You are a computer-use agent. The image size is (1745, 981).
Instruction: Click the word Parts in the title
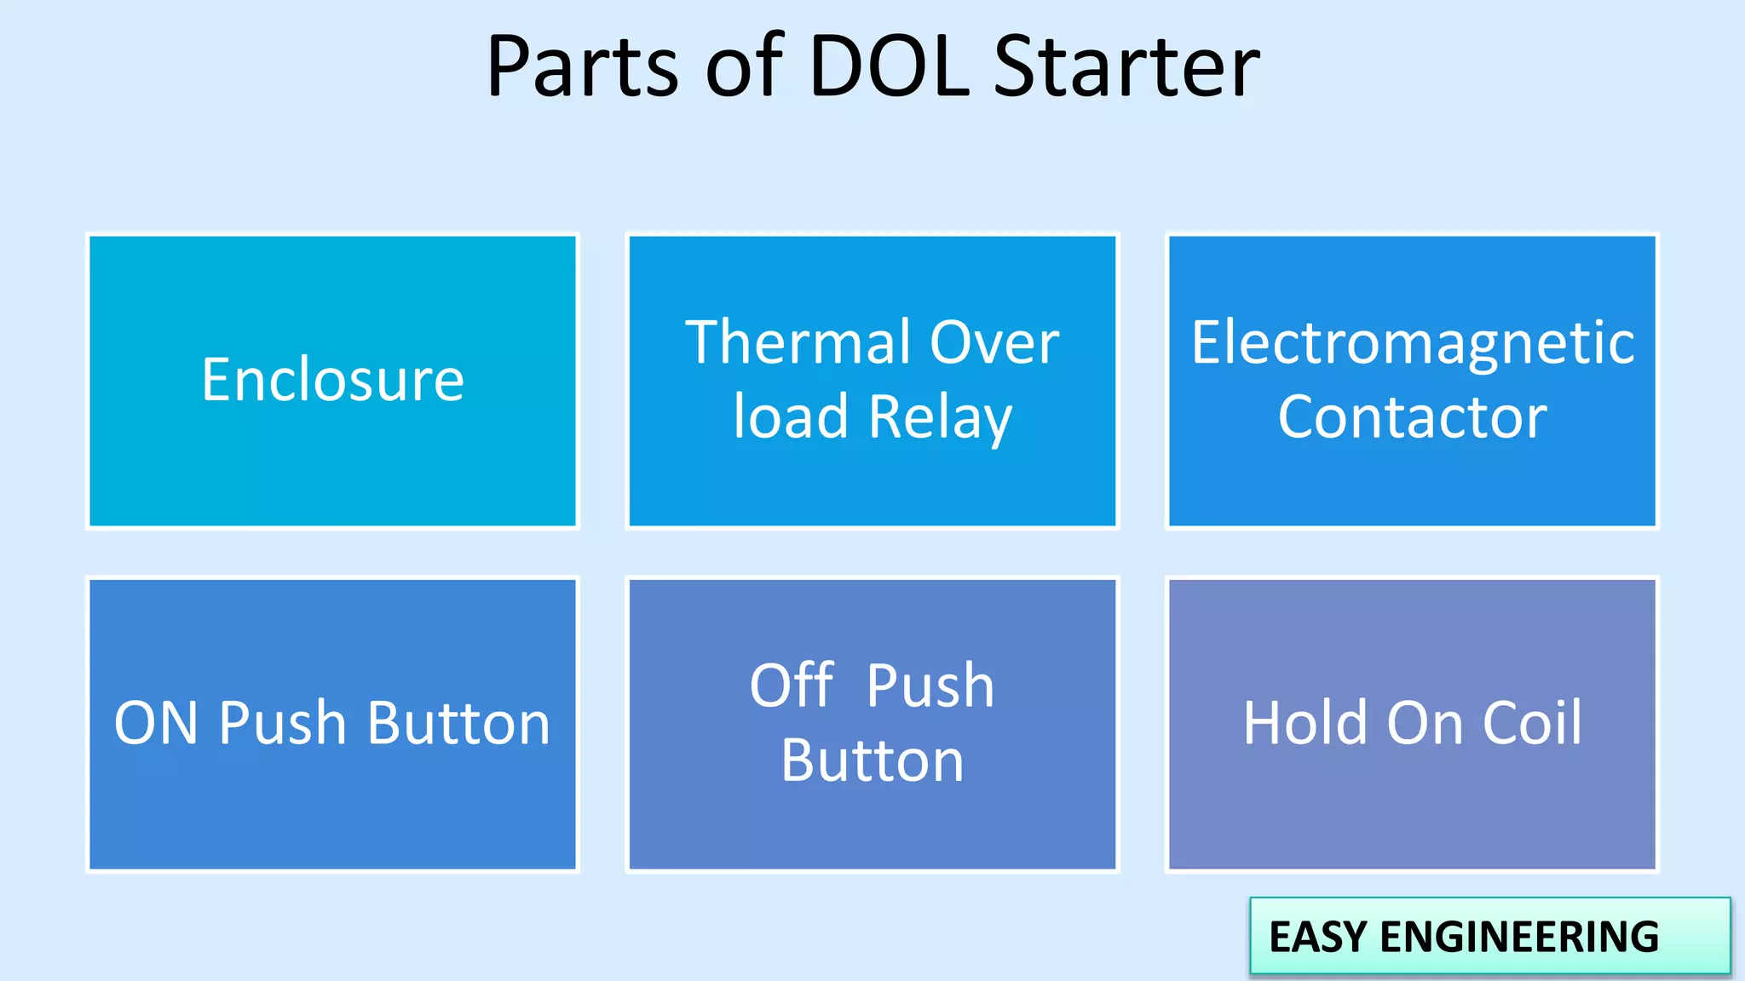(x=582, y=66)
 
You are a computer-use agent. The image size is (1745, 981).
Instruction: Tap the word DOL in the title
(x=889, y=66)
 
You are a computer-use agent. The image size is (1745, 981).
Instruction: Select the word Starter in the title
(x=1126, y=66)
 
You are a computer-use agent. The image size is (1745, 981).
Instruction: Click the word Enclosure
(x=333, y=380)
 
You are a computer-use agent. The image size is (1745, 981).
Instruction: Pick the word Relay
(x=941, y=417)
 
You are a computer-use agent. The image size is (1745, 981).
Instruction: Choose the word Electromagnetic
(x=1413, y=343)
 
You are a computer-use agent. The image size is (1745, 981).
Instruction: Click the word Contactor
(x=1412, y=417)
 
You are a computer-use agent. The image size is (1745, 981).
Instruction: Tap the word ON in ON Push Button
(x=157, y=724)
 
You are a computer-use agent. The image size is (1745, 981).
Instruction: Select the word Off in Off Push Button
(x=792, y=686)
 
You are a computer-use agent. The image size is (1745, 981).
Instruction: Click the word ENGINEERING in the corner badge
(x=1519, y=937)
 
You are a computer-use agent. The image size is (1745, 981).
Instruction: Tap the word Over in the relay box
(x=994, y=343)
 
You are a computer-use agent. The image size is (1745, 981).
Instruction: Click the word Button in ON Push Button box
(x=459, y=724)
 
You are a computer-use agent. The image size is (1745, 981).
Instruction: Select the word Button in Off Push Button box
(x=872, y=760)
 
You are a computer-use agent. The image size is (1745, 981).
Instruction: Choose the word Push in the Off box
(x=930, y=686)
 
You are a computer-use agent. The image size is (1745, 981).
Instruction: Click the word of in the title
(x=743, y=66)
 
